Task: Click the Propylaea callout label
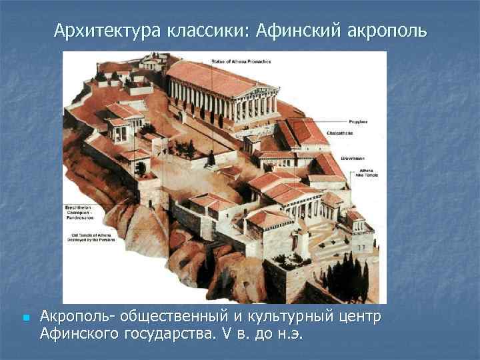click(358, 123)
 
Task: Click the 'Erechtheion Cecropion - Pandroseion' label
click(80, 213)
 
